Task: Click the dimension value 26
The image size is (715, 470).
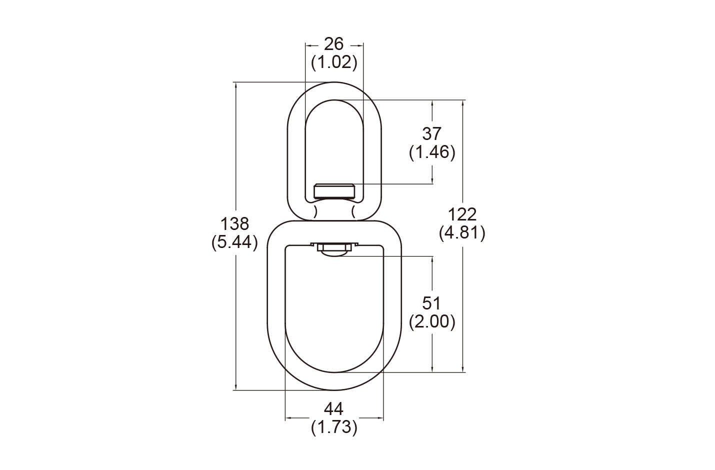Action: [x=334, y=44]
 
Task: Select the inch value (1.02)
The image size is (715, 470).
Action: [x=334, y=62]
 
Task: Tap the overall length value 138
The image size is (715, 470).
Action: [x=234, y=224]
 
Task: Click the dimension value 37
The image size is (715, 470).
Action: [x=432, y=134]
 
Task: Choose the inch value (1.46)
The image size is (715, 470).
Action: [x=432, y=152]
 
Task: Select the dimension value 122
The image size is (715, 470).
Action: [x=462, y=214]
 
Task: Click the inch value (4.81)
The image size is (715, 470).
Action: [x=462, y=232]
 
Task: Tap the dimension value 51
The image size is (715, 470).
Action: [x=431, y=303]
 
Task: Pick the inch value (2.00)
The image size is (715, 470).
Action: [x=432, y=321]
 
